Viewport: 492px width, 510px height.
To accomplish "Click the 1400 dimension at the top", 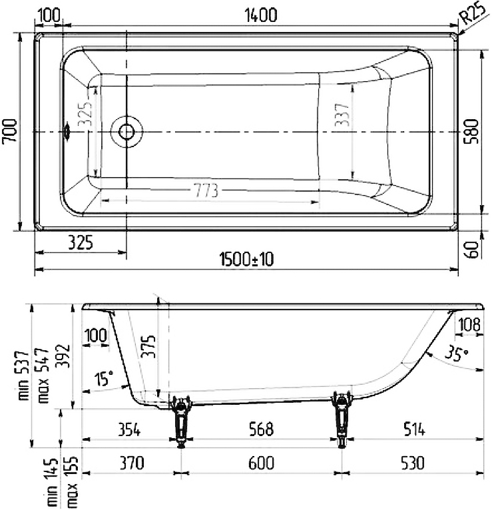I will [x=260, y=15].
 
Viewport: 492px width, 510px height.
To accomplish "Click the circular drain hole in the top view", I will [x=126, y=131].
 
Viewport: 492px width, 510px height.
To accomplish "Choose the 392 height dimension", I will [x=61, y=356].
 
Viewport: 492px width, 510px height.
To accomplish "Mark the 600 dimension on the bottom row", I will [x=259, y=461].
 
